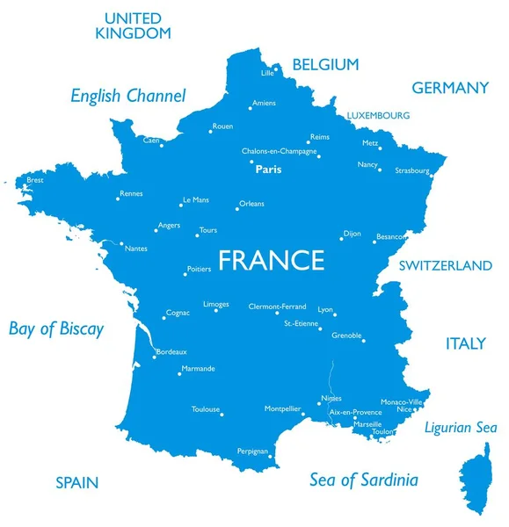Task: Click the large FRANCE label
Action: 271,261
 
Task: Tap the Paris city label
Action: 268,170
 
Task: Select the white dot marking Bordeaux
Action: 154,357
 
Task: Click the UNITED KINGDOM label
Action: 133,25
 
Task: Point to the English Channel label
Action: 128,96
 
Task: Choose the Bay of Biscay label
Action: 56,329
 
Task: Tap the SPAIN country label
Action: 76,482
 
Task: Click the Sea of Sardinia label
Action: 363,480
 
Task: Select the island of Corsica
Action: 475,479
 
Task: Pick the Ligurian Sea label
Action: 461,428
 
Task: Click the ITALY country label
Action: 465,343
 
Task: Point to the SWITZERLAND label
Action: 446,265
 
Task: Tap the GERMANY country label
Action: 449,88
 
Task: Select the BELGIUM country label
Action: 325,64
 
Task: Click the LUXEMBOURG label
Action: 378,115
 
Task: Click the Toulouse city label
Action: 206,409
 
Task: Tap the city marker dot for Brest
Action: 26,185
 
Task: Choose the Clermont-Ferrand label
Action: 277,307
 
